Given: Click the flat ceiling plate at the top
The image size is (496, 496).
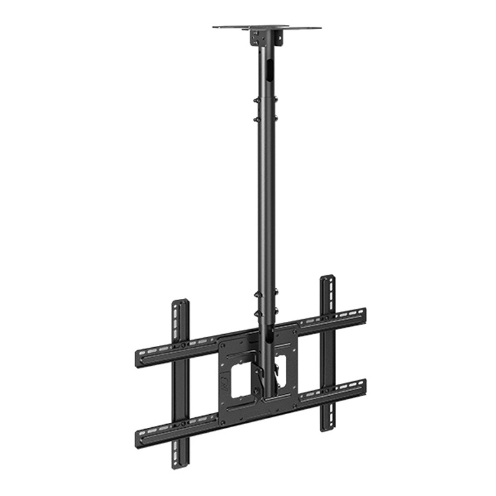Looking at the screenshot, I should (x=267, y=27).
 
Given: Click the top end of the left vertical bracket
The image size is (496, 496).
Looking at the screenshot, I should (x=180, y=304).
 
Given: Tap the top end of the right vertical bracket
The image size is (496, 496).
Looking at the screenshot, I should (x=327, y=279).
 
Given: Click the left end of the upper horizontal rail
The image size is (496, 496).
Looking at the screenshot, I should (x=138, y=360).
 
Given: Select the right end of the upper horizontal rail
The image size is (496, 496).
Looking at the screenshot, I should (x=363, y=313).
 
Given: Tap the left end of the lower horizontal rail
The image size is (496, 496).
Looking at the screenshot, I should (x=138, y=438).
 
